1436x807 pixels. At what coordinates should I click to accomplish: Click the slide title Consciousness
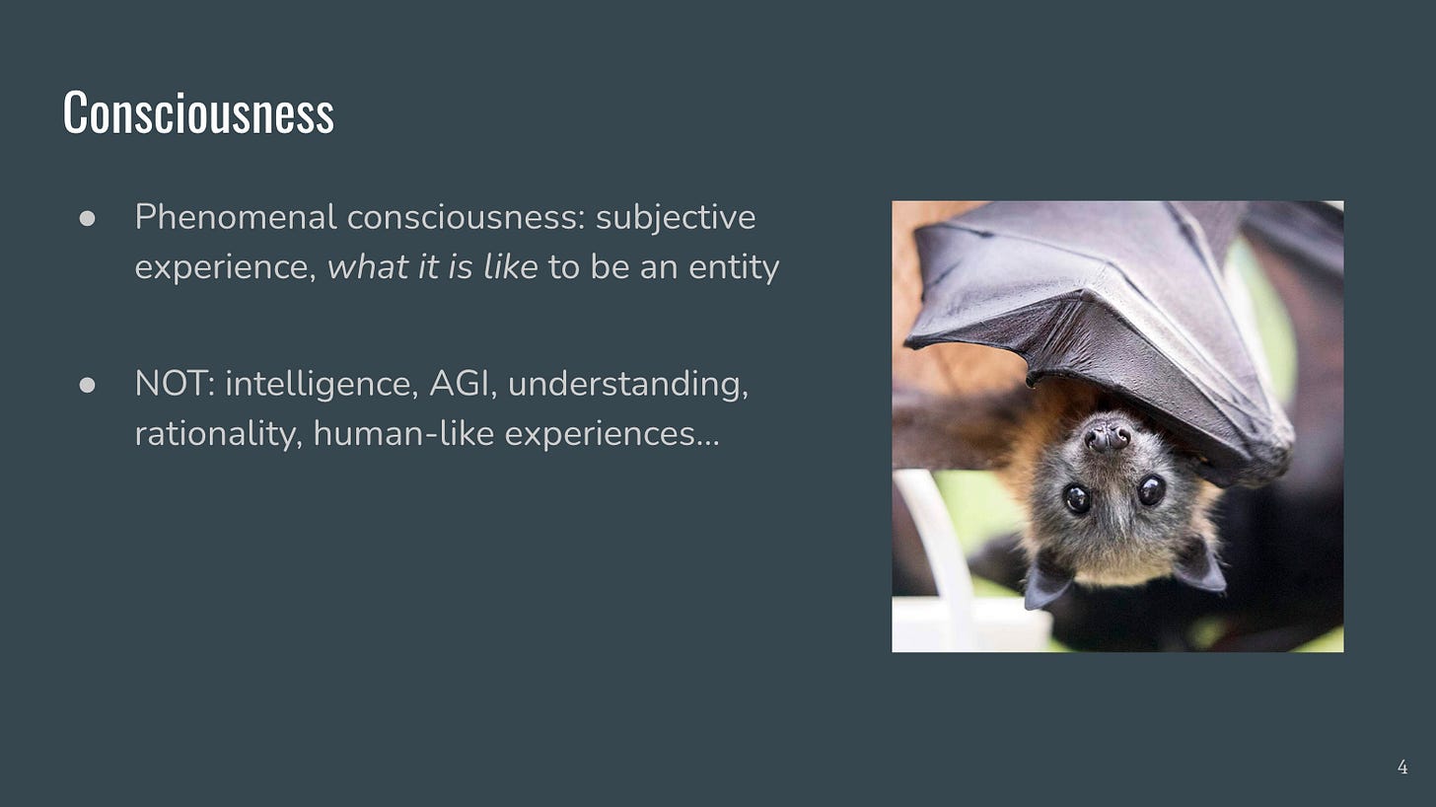pyautogui.click(x=198, y=112)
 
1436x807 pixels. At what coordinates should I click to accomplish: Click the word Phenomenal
pyautogui.click(x=236, y=217)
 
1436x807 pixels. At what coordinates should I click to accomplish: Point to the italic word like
pyautogui.click(x=511, y=266)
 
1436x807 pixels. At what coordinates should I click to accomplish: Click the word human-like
pyautogui.click(x=404, y=434)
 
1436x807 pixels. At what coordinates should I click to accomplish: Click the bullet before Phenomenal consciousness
pyautogui.click(x=87, y=219)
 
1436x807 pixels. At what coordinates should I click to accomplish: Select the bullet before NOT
pyautogui.click(x=87, y=385)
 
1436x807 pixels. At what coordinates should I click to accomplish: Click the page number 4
pyautogui.click(x=1402, y=768)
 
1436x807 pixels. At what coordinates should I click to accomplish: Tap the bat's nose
pyautogui.click(x=1108, y=438)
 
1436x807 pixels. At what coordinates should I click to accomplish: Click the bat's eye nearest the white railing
pyautogui.click(x=1076, y=498)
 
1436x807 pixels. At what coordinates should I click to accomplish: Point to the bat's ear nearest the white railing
pyautogui.click(x=1046, y=579)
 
